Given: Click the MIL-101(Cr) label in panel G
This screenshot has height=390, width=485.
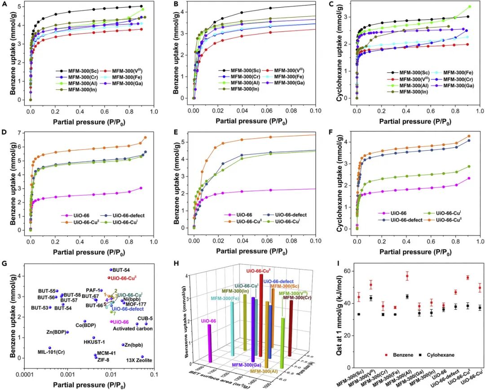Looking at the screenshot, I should tap(51, 352).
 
